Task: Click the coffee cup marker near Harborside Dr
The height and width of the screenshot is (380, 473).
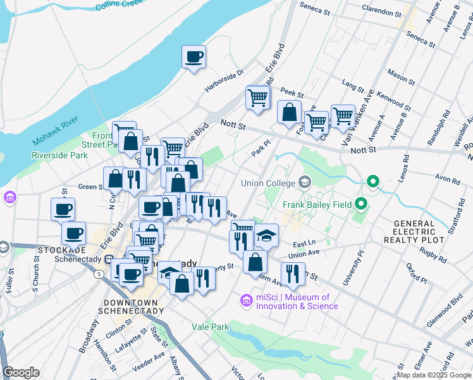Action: pyautogui.click(x=193, y=57)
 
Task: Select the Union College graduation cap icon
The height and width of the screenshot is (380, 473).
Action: pyautogui.click(x=305, y=183)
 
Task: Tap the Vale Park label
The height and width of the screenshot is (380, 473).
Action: pyautogui.click(x=210, y=327)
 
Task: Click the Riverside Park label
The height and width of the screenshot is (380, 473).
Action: pyautogui.click(x=59, y=155)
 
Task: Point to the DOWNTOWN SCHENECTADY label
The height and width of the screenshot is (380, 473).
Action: pyautogui.click(x=132, y=310)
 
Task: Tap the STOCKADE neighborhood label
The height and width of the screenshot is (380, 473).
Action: pyautogui.click(x=57, y=250)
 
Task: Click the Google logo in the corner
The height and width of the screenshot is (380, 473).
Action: pyautogui.click(x=21, y=372)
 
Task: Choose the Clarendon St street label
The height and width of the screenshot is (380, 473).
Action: pyautogui.click(x=382, y=11)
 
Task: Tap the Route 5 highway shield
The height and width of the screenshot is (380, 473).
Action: pyautogui.click(x=100, y=274)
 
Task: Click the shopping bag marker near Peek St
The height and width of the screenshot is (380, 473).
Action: pyautogui.click(x=289, y=112)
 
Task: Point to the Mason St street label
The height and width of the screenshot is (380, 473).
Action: pyautogui.click(x=400, y=74)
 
